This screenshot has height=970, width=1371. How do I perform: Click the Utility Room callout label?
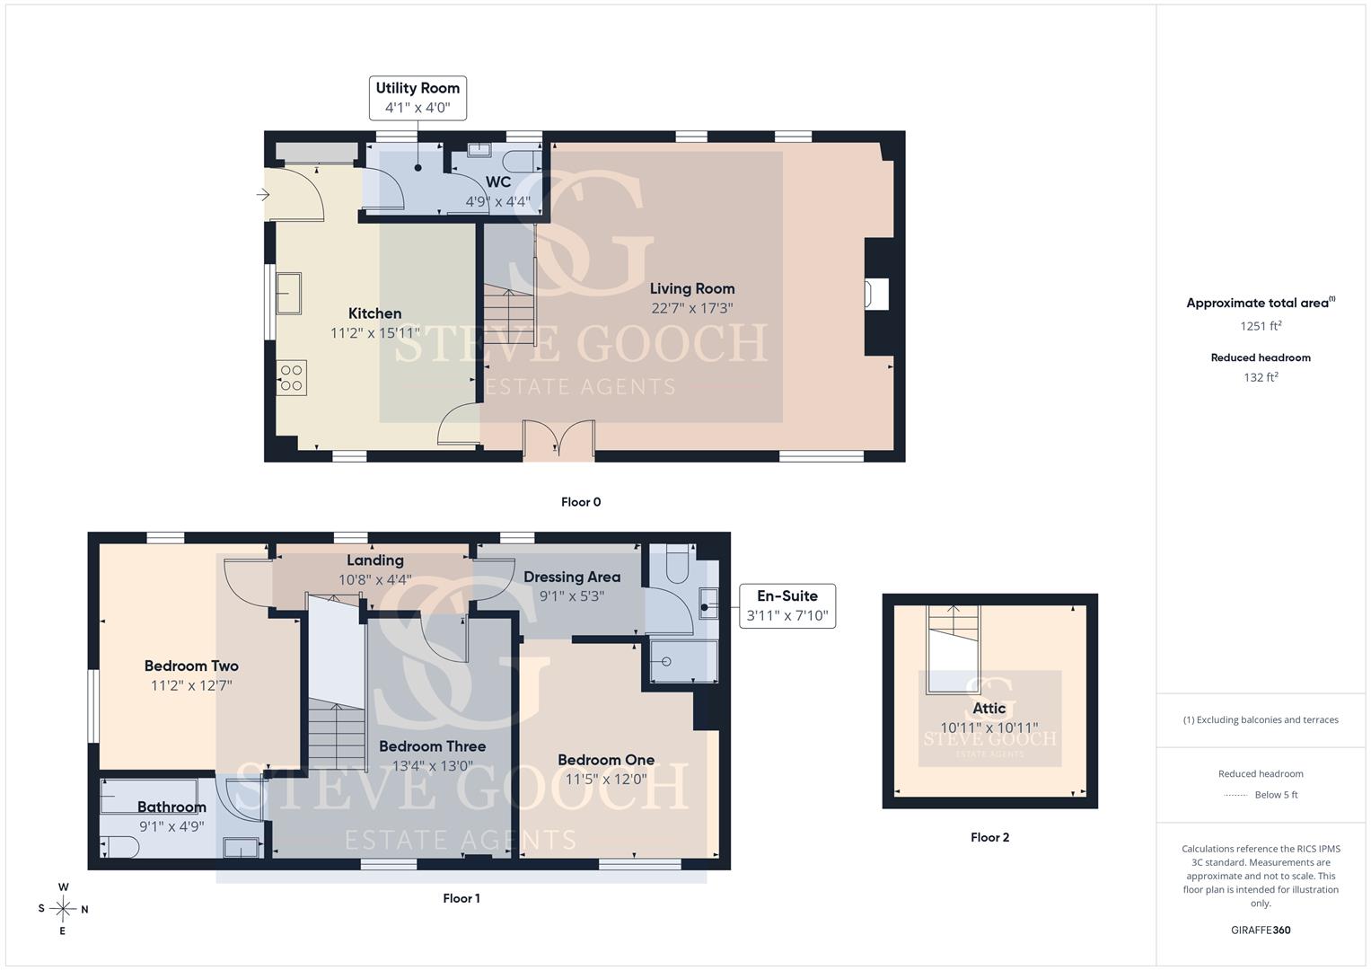(x=417, y=98)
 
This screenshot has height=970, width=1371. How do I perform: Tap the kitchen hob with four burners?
(x=291, y=378)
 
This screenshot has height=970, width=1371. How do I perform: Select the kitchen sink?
(x=288, y=294)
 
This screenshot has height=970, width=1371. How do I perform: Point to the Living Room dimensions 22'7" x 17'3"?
(x=691, y=308)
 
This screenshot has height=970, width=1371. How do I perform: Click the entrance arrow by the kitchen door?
(x=263, y=195)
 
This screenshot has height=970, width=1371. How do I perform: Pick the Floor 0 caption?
(x=581, y=502)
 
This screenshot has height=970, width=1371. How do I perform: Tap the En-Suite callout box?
(x=787, y=605)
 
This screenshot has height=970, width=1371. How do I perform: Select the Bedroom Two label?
(x=191, y=666)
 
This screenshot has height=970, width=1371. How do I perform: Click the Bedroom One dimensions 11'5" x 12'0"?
(x=606, y=780)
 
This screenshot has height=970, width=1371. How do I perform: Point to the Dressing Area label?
(x=572, y=577)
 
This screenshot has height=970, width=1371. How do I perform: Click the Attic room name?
(x=989, y=709)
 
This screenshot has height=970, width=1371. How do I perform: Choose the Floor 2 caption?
(x=989, y=837)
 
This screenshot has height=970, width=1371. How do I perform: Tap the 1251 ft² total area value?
(x=1261, y=326)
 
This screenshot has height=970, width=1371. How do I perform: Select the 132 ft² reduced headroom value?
(x=1261, y=377)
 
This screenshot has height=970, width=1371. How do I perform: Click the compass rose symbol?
(x=63, y=909)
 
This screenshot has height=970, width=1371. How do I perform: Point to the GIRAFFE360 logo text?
(x=1261, y=930)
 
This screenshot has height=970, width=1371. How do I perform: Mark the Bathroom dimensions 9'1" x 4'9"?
(x=171, y=826)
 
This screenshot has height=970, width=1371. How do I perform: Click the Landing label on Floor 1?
(x=375, y=560)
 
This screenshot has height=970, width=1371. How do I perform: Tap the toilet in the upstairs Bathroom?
(x=120, y=847)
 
